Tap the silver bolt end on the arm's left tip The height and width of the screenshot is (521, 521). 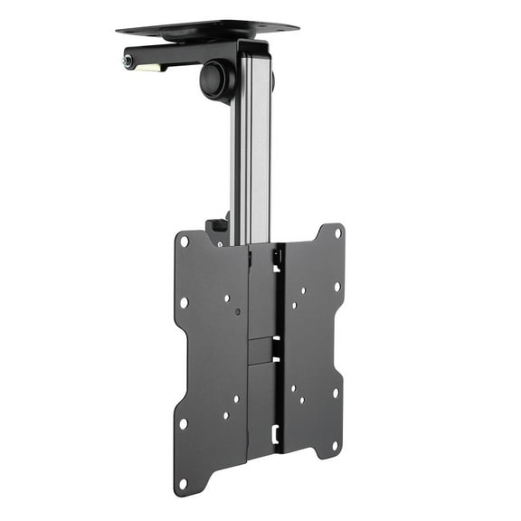(128, 61)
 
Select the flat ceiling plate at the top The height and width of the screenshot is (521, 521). (207, 27)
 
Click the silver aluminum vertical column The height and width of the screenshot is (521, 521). (251, 154)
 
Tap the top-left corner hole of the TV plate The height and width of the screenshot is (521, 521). (185, 242)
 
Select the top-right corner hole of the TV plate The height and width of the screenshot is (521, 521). (337, 232)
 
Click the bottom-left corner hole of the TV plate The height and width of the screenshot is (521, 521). (184, 481)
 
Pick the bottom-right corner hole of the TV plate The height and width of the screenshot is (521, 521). (336, 445)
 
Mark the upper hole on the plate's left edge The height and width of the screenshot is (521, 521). (184, 302)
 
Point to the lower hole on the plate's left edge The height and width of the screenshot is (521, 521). (184, 422)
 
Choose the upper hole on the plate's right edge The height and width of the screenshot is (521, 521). (336, 287)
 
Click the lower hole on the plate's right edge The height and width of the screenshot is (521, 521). (336, 392)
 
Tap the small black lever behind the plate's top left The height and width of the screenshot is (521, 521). (217, 232)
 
